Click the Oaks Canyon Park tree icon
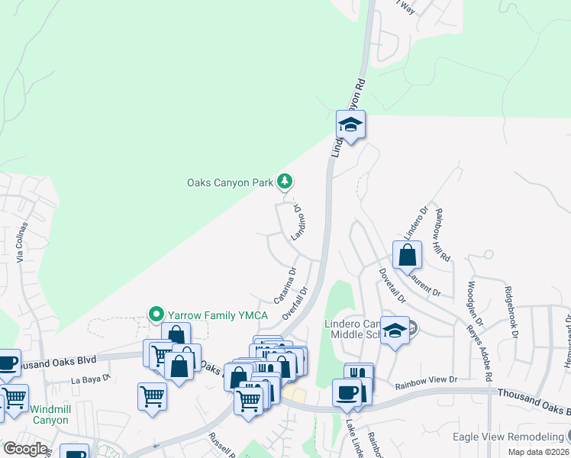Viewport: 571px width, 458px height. (285, 181)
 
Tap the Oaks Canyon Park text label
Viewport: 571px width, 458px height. (230, 182)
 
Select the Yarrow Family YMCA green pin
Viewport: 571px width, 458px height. (156, 314)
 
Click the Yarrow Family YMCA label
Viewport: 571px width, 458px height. (210, 314)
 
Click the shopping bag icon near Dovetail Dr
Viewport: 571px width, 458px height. (408, 256)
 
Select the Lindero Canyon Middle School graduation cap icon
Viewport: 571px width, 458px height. (395, 331)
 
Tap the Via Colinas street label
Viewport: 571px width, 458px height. (23, 244)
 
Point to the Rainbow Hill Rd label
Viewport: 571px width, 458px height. (441, 236)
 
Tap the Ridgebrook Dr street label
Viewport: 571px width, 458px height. (511, 312)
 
